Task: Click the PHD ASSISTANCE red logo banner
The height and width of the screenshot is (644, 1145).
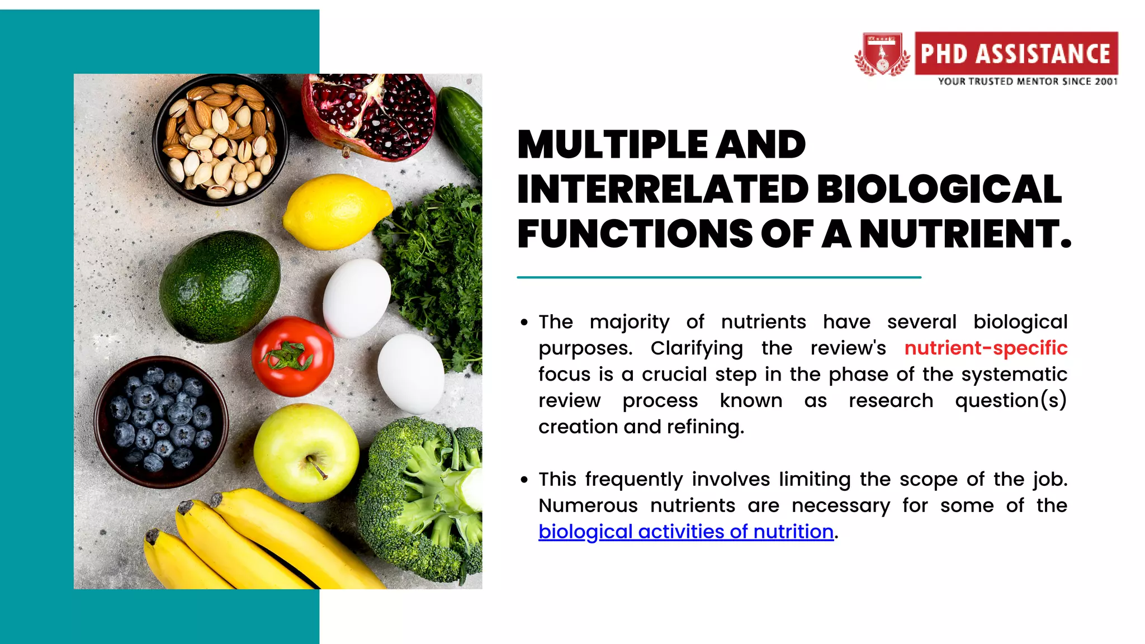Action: coord(1016,53)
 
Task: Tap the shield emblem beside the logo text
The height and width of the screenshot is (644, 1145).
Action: coord(882,54)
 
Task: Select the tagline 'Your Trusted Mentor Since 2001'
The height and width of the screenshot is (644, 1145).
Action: coord(1028,82)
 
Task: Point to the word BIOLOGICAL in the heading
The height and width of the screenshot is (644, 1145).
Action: coord(939,189)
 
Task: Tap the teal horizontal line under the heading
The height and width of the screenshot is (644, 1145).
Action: coord(718,277)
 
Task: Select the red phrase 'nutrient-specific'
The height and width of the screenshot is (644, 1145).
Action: coord(986,348)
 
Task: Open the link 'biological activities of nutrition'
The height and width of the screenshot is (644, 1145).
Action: coord(686,531)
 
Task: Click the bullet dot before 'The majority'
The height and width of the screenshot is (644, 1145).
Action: coord(524,323)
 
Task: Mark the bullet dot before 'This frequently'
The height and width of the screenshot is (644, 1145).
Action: coord(524,480)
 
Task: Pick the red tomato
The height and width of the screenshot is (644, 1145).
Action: coord(292,356)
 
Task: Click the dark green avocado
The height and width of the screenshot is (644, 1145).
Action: coord(220,286)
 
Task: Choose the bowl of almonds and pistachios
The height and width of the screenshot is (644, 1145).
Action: coord(220,139)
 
